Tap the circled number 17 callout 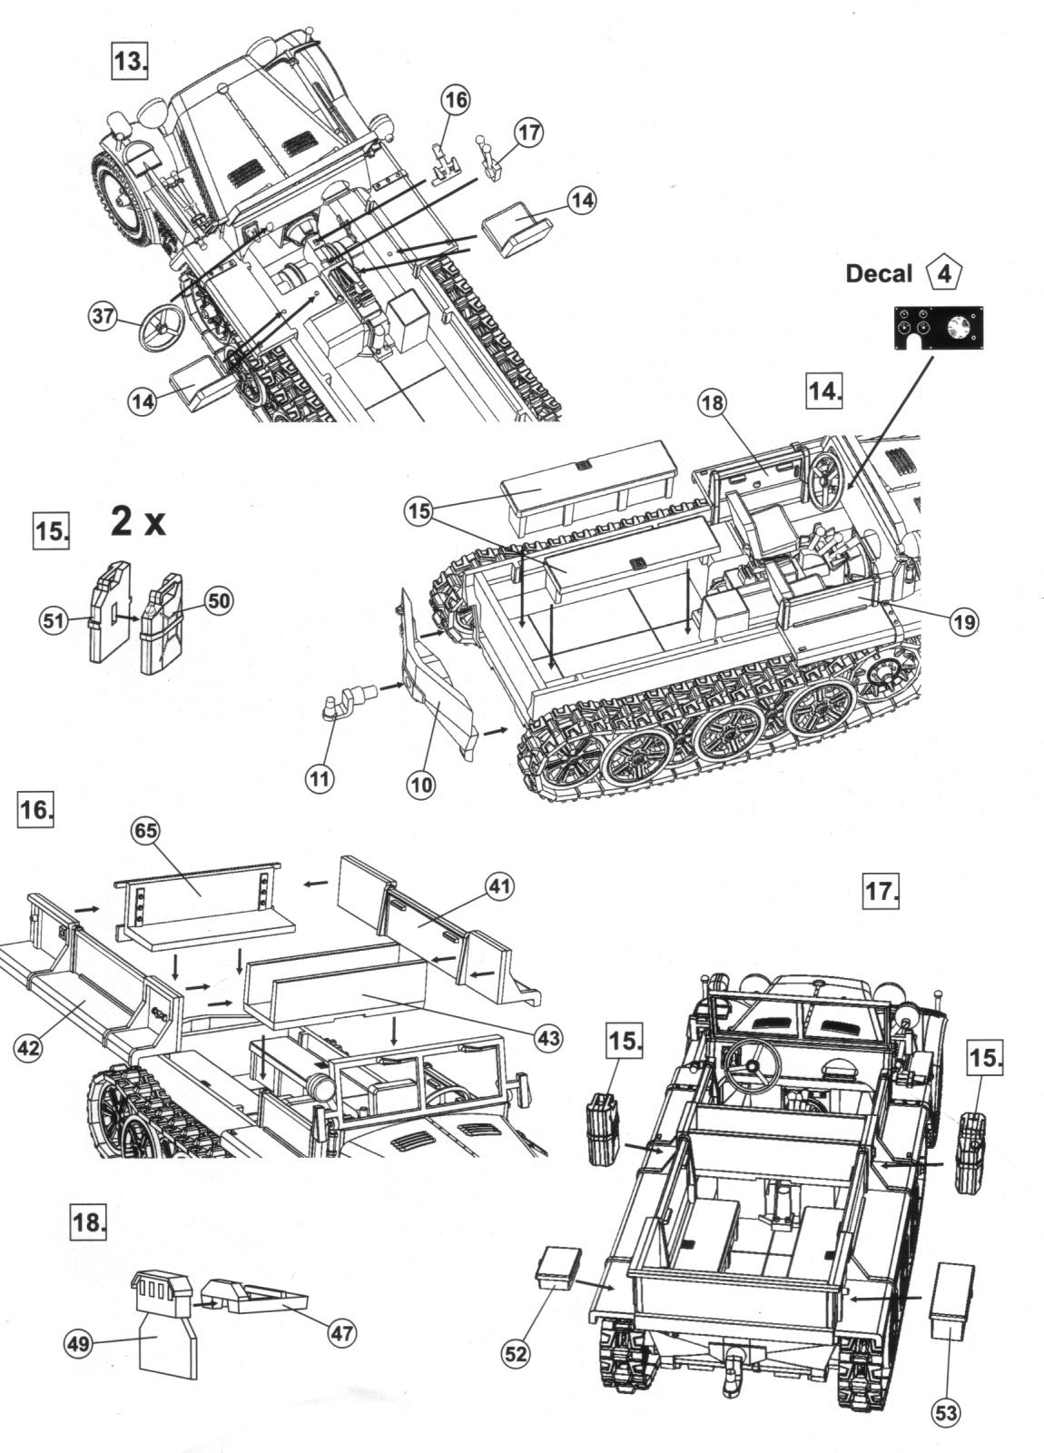click(528, 133)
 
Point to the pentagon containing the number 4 click(944, 272)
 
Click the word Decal click(879, 273)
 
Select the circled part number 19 click(963, 621)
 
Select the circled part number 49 click(79, 1343)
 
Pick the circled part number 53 click(945, 1412)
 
